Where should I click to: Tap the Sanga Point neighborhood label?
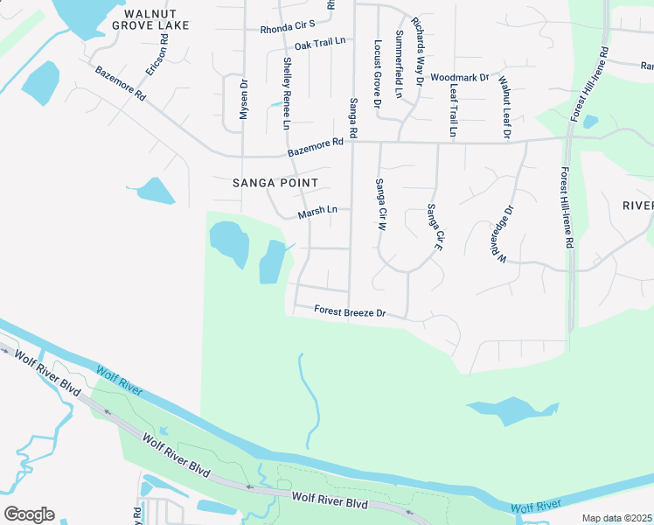pyautogui.click(x=275, y=183)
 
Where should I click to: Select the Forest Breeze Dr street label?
pyautogui.click(x=350, y=311)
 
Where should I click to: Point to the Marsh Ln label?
pyautogui.click(x=317, y=211)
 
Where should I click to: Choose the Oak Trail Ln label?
pyautogui.click(x=320, y=44)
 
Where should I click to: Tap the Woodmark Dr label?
pyautogui.click(x=459, y=78)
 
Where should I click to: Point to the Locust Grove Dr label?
pyautogui.click(x=378, y=73)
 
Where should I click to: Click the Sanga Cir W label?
pyautogui.click(x=380, y=204)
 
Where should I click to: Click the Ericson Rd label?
pyautogui.click(x=157, y=55)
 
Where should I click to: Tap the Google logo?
pyautogui.click(x=29, y=514)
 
